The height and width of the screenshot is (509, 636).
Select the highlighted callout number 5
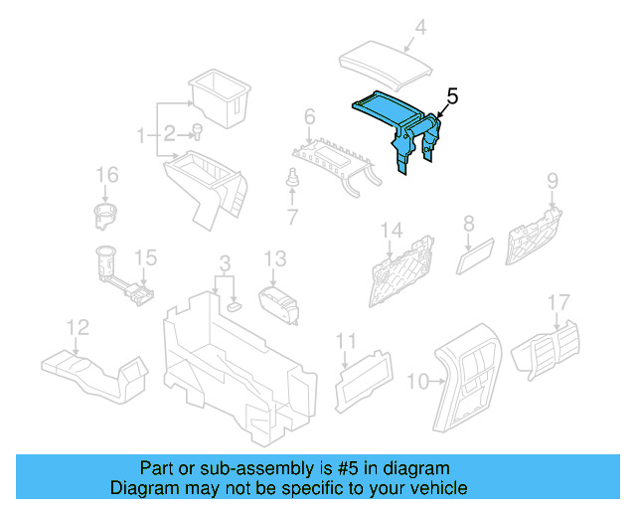[451, 97]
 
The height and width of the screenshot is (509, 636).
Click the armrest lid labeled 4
[388, 62]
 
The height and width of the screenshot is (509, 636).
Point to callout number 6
[310, 117]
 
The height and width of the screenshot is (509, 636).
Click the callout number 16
[106, 176]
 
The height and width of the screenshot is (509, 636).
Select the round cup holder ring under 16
[107, 214]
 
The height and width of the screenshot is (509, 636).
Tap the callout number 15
[145, 258]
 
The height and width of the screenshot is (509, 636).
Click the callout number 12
[77, 326]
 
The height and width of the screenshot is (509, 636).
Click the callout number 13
[274, 258]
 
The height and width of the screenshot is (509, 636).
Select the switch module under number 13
[279, 301]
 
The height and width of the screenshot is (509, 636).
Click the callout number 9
[553, 181]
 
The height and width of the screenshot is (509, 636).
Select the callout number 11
[345, 341]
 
